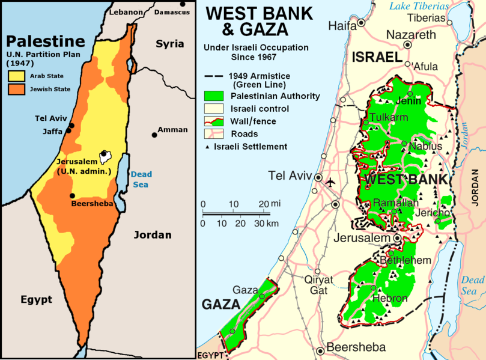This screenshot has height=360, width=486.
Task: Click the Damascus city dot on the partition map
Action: pos(183,4)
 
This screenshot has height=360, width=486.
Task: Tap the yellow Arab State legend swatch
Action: pos(16,76)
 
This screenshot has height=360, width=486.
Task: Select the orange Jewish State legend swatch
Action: pos(16,89)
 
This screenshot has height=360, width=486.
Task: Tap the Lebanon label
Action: pos(127,12)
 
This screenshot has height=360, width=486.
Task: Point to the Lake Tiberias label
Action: pos(419,6)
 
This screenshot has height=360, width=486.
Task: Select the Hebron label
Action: pos(390,298)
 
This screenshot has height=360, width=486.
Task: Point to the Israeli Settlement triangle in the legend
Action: pos(208,147)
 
